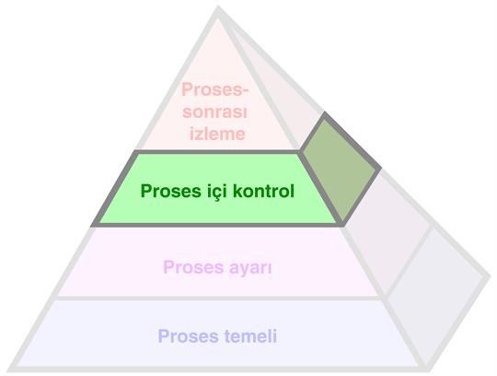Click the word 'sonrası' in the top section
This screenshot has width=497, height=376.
(x=214, y=112)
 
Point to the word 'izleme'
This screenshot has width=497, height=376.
(x=217, y=134)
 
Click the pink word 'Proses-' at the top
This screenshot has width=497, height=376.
(x=214, y=89)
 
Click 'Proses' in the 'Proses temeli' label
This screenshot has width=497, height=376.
(x=189, y=336)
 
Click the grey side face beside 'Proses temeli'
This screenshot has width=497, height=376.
(x=436, y=297)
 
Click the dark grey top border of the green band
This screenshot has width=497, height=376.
(x=216, y=152)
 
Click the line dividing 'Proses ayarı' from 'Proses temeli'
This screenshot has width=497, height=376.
(x=219, y=299)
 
